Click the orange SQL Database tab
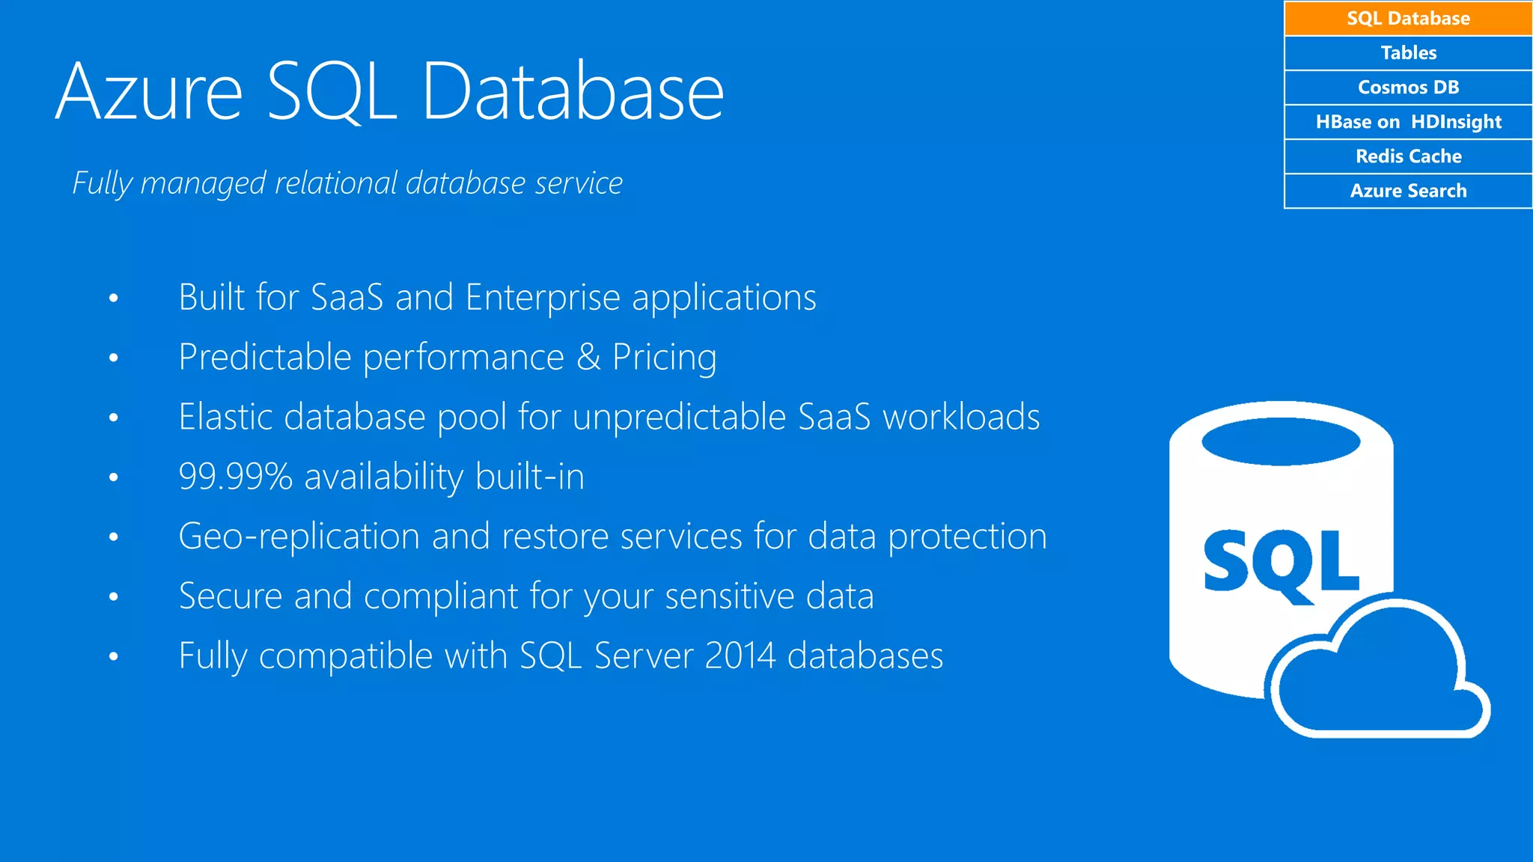1408,19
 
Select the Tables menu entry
1408,53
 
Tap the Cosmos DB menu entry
1408,88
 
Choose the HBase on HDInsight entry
1408,122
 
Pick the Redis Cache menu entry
1408,156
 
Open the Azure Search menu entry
1408,191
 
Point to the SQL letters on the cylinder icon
1281,561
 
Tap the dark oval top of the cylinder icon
1281,441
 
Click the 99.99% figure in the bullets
235,477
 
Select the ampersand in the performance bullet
588,357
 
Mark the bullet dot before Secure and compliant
114,597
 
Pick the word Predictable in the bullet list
265,357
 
